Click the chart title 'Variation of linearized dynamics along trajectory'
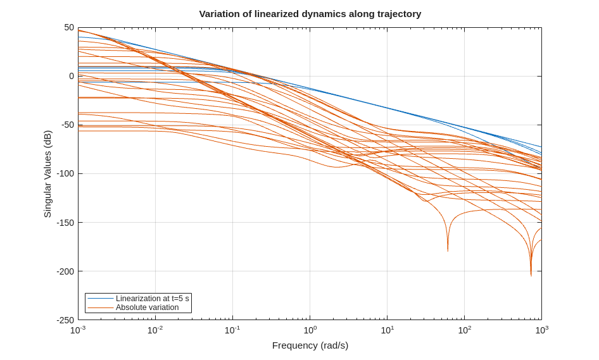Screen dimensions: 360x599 [x=310, y=14]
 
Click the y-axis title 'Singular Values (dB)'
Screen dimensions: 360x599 [x=47, y=174]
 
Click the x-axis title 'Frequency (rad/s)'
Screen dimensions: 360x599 [x=310, y=345]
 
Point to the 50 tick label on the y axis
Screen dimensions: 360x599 [x=69, y=27]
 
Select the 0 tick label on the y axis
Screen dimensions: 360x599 [x=72, y=76]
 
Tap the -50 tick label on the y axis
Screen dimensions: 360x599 [x=68, y=125]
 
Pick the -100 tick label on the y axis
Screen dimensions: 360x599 [x=66, y=173]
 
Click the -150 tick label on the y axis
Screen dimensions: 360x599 [x=66, y=222]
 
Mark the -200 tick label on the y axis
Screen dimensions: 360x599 [x=66, y=271]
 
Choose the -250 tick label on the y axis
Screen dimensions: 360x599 [x=66, y=320]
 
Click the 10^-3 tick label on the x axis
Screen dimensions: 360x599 [x=78, y=330]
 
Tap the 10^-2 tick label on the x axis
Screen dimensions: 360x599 [x=155, y=330]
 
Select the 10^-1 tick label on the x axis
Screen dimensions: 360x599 [x=232, y=330]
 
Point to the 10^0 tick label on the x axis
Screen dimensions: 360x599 [x=310, y=330]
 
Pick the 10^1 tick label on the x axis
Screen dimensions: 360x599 [x=387, y=330]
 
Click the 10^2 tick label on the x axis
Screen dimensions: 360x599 [x=464, y=330]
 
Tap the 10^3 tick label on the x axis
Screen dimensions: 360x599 [x=541, y=330]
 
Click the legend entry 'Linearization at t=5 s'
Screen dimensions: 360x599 [x=152, y=299]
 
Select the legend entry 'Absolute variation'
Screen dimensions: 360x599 [x=147, y=307]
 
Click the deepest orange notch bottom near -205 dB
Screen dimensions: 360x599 [x=531, y=275]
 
